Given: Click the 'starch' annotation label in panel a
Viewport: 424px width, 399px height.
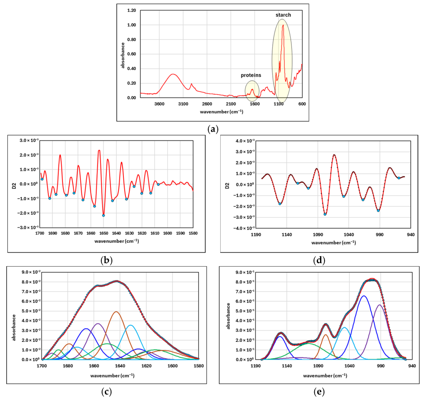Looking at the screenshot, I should (x=284, y=15).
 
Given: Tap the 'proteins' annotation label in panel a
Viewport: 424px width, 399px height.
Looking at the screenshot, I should (x=251, y=75).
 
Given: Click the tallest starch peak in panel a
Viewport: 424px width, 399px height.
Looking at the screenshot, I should (x=283, y=25).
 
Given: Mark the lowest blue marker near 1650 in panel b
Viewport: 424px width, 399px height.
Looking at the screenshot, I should (x=104, y=215).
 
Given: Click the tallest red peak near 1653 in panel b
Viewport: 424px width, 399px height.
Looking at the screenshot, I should (x=99, y=150).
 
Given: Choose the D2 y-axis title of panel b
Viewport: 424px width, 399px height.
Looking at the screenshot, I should (x=14, y=184).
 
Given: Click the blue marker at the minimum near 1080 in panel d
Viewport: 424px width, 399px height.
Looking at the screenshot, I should (x=325, y=214).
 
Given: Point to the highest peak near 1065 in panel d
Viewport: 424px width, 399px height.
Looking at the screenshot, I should (x=334, y=155).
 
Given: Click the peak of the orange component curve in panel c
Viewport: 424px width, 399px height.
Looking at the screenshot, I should (x=116, y=312).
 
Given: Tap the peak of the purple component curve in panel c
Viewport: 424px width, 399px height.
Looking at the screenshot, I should (x=98, y=324).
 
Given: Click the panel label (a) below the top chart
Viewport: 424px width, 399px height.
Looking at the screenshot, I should (x=212, y=129).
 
